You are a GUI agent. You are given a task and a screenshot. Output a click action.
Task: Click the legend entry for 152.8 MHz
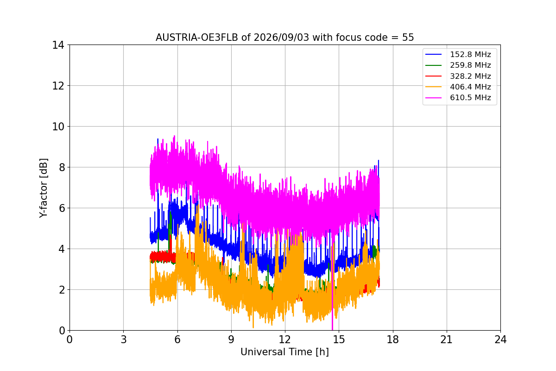point(458,54)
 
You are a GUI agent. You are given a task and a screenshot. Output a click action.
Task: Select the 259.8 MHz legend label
point(458,65)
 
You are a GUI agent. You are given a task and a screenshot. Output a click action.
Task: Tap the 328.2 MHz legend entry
point(458,76)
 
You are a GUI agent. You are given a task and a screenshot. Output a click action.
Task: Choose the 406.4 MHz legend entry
point(458,87)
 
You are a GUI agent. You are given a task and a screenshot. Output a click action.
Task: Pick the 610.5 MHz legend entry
point(458,98)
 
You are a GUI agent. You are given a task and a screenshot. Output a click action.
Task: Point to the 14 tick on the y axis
point(58,45)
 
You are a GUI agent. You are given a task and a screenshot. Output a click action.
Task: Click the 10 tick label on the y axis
point(58,127)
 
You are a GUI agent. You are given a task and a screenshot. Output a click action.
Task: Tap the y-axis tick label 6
point(62,208)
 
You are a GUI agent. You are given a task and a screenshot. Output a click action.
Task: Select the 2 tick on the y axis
point(62,290)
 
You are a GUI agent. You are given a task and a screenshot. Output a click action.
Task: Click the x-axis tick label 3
point(124,339)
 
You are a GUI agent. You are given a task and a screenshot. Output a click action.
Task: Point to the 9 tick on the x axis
point(231,339)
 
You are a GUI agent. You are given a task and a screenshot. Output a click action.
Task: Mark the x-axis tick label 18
point(393,339)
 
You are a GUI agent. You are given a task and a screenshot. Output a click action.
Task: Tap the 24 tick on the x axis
point(501,339)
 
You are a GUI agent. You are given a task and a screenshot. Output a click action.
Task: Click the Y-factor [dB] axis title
point(43,188)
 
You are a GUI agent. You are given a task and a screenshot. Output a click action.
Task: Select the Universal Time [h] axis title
point(284,352)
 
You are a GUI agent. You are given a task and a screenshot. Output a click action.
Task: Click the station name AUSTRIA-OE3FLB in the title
point(197,38)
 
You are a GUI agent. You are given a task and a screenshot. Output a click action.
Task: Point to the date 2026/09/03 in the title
point(282,38)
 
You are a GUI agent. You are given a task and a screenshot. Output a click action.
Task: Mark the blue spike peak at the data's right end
point(378,160)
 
